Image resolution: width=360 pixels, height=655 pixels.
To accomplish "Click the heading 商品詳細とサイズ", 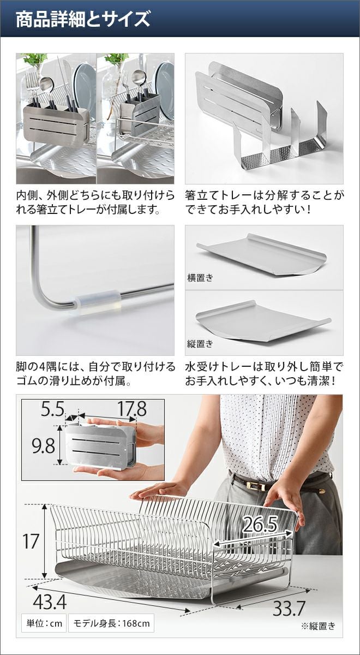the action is tap(83, 19).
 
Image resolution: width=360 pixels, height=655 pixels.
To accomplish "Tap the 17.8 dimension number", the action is tap(132, 408).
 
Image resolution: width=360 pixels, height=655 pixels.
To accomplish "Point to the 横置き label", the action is tap(201, 277).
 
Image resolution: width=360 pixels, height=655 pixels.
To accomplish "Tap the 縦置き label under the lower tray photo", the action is tap(201, 343).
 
